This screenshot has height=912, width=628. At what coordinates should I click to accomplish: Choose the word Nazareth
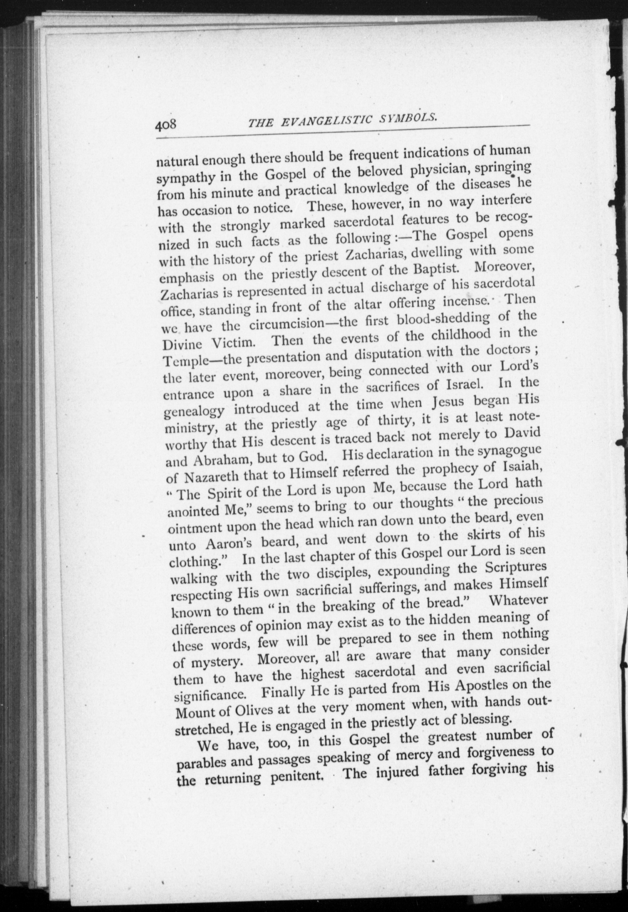tap(213, 478)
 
